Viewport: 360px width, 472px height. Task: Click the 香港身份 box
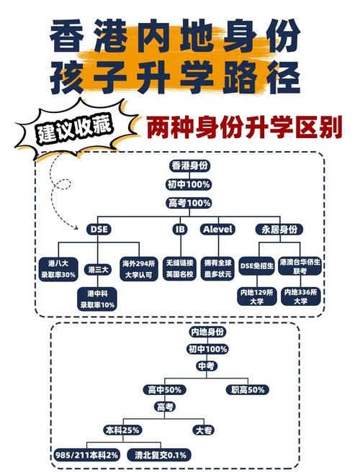click(189, 166)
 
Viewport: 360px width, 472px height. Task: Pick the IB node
click(179, 229)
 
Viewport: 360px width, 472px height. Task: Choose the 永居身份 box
click(278, 229)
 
